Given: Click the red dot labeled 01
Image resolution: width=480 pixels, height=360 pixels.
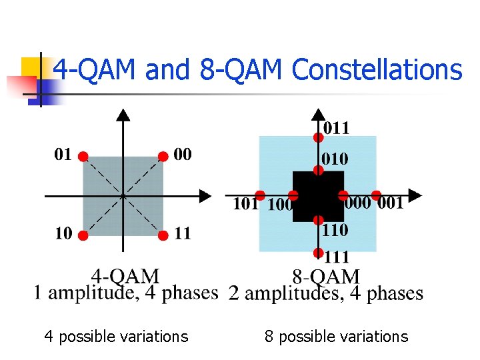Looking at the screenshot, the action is (x=83, y=157).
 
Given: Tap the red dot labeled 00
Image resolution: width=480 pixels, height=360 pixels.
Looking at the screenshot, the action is (x=163, y=157).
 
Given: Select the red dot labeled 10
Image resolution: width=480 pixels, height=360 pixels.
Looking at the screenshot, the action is (x=83, y=236).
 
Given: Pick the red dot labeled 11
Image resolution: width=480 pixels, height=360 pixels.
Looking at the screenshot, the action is (x=163, y=236).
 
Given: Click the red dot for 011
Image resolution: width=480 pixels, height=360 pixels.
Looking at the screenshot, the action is (x=319, y=137).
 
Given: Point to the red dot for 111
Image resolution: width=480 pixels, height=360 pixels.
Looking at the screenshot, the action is (x=319, y=253).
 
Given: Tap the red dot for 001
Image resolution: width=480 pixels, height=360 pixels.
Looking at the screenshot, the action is (x=376, y=195).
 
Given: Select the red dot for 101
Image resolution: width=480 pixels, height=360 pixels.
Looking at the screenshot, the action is (x=260, y=195).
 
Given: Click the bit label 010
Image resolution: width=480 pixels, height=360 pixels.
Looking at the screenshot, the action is (x=335, y=159).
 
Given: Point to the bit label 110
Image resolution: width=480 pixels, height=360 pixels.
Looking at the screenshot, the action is (x=335, y=230).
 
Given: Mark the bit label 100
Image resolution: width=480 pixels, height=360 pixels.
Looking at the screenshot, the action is (x=280, y=205).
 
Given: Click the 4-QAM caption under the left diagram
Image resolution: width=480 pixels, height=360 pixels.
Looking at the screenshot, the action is (x=126, y=276).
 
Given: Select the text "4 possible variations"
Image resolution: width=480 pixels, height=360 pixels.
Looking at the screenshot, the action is (x=116, y=337).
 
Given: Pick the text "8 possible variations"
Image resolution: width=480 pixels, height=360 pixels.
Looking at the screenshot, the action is (x=336, y=337).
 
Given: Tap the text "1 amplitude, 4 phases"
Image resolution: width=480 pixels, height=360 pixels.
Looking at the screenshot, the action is (x=126, y=293).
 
